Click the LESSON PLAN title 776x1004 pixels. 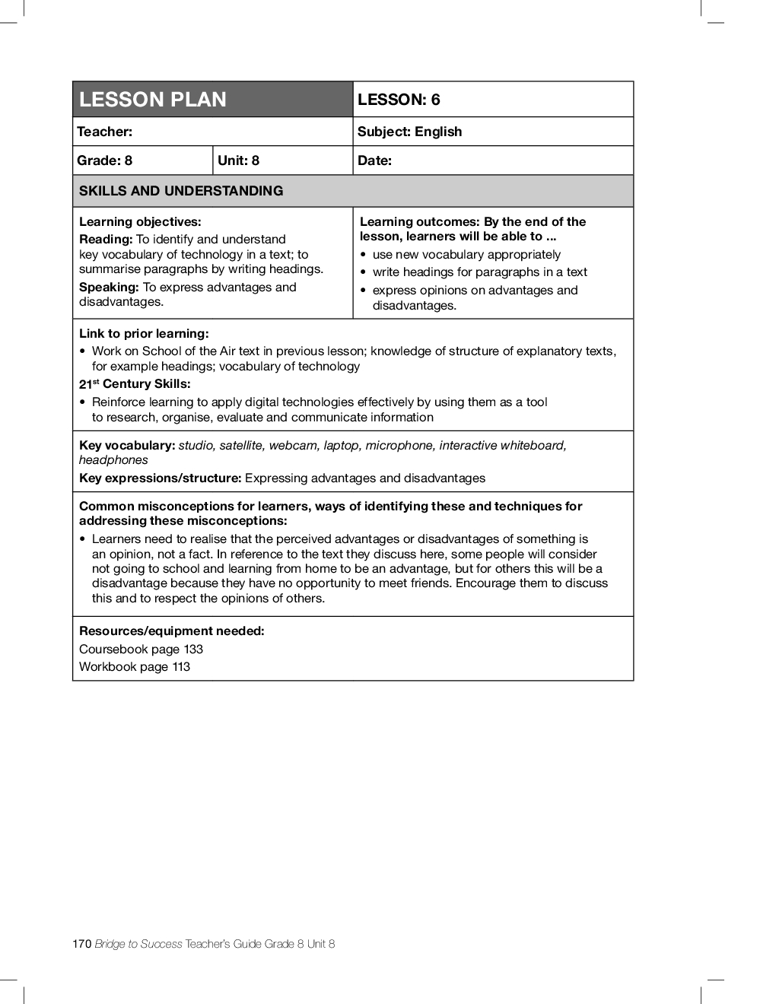153,100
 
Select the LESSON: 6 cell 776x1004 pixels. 399,100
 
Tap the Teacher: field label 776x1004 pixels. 104,132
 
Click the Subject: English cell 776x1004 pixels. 409,132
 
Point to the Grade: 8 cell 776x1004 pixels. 104,160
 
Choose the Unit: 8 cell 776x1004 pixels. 238,160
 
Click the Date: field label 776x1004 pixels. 374,160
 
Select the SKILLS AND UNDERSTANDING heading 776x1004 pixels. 181,191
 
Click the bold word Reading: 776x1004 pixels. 106,240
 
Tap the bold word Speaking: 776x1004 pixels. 109,288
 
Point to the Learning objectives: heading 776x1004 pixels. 140,222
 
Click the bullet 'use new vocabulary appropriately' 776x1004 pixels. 466,255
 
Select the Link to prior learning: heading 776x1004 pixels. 144,334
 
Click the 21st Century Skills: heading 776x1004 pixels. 135,384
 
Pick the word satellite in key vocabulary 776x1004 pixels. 240,446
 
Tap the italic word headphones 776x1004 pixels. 113,460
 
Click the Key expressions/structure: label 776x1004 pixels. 161,478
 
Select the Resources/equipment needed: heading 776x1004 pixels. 172,631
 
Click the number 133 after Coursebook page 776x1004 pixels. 193,650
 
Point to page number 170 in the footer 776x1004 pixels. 82,944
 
